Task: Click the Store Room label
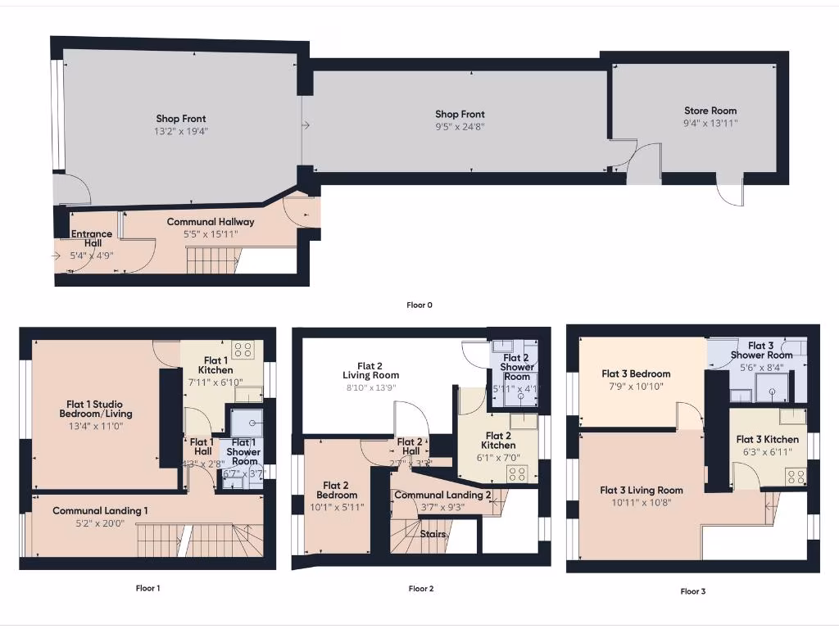point(710,111)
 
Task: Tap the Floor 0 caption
point(419,305)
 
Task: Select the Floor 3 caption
point(692,591)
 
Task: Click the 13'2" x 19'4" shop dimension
point(181,131)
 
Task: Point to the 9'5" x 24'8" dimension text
point(460,127)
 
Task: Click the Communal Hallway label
point(211,222)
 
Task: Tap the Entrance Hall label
point(92,238)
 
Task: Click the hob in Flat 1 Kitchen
point(243,351)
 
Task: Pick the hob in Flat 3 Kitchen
point(795,477)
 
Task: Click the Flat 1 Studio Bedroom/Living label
point(99,408)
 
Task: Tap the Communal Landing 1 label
point(100,511)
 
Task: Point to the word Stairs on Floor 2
point(433,534)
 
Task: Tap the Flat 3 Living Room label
point(642,491)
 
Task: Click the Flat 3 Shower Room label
point(761,351)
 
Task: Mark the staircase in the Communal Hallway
point(211,261)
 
